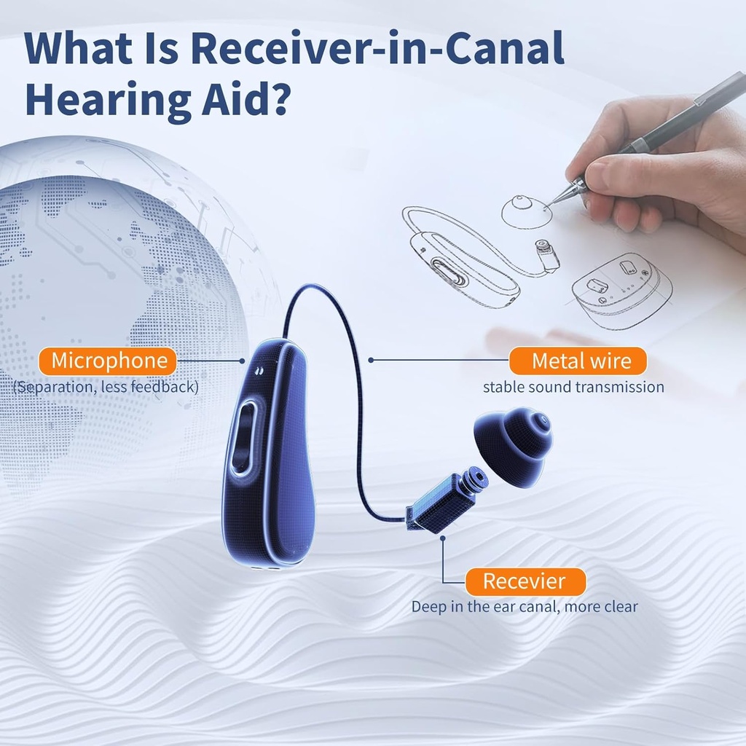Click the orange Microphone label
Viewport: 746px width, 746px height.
pyautogui.click(x=109, y=360)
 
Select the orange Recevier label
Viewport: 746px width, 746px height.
pyautogui.click(x=524, y=581)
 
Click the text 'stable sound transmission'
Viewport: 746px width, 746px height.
pyautogui.click(x=573, y=387)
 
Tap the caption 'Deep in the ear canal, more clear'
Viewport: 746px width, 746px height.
pyautogui.click(x=524, y=606)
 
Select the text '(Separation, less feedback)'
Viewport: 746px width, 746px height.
pyautogui.click(x=106, y=387)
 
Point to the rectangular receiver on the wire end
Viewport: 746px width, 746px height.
pyautogui.click(x=439, y=502)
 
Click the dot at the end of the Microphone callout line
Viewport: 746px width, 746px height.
pyautogui.click(x=243, y=360)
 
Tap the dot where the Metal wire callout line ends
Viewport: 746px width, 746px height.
pyautogui.click(x=371, y=360)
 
